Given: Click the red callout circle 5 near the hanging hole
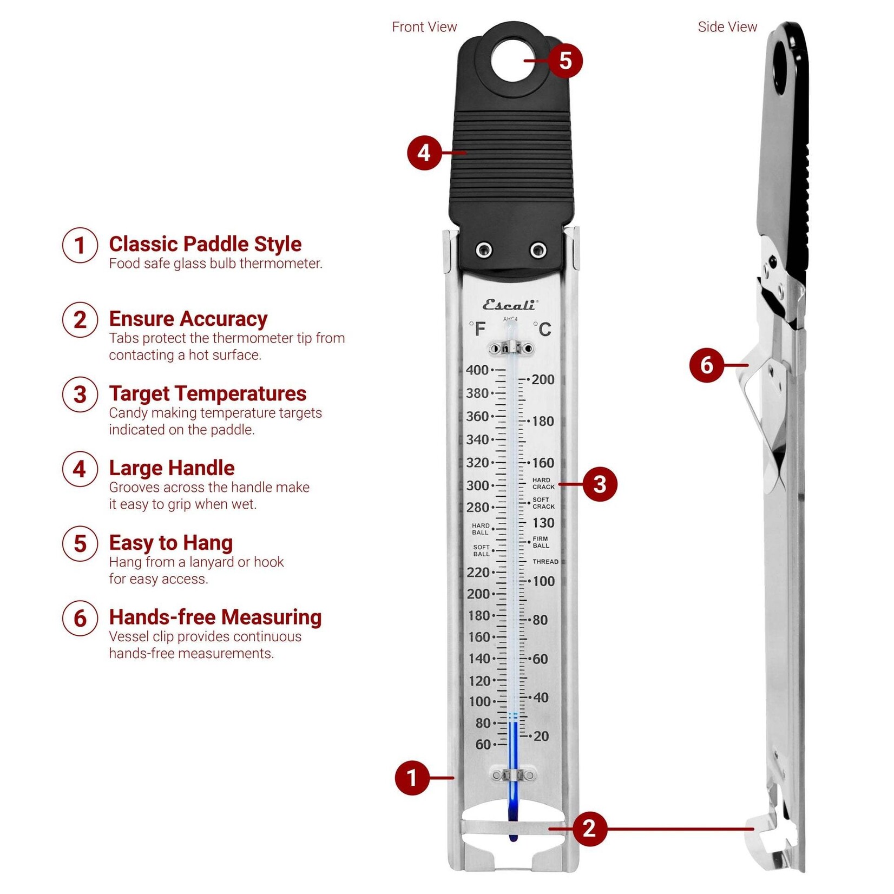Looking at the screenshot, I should point(565,60).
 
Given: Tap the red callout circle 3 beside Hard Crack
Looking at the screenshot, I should point(599,484).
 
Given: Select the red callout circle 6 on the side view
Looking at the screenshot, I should point(707,365).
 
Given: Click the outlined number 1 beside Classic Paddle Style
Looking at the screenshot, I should point(80,245).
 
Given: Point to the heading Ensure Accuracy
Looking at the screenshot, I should point(188,319).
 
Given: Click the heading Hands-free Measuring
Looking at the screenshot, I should point(215,617).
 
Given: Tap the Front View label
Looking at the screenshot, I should point(424,27).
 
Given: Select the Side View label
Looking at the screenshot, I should point(727,27).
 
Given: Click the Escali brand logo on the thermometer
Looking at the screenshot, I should point(509,305).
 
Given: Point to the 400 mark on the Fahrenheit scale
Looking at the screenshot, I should point(477,370).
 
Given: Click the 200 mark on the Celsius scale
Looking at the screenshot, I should point(543,379).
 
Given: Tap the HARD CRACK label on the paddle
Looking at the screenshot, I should point(543,483).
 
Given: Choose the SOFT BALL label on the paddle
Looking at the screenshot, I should point(481,550).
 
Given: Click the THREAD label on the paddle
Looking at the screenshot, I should point(545,562).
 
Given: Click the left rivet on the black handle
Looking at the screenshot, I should point(484,250).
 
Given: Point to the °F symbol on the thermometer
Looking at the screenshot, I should point(478,329).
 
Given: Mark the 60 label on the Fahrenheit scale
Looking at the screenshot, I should point(483,745).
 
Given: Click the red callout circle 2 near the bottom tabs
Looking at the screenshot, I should point(589,828).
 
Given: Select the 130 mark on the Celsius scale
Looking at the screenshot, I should point(543,523).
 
